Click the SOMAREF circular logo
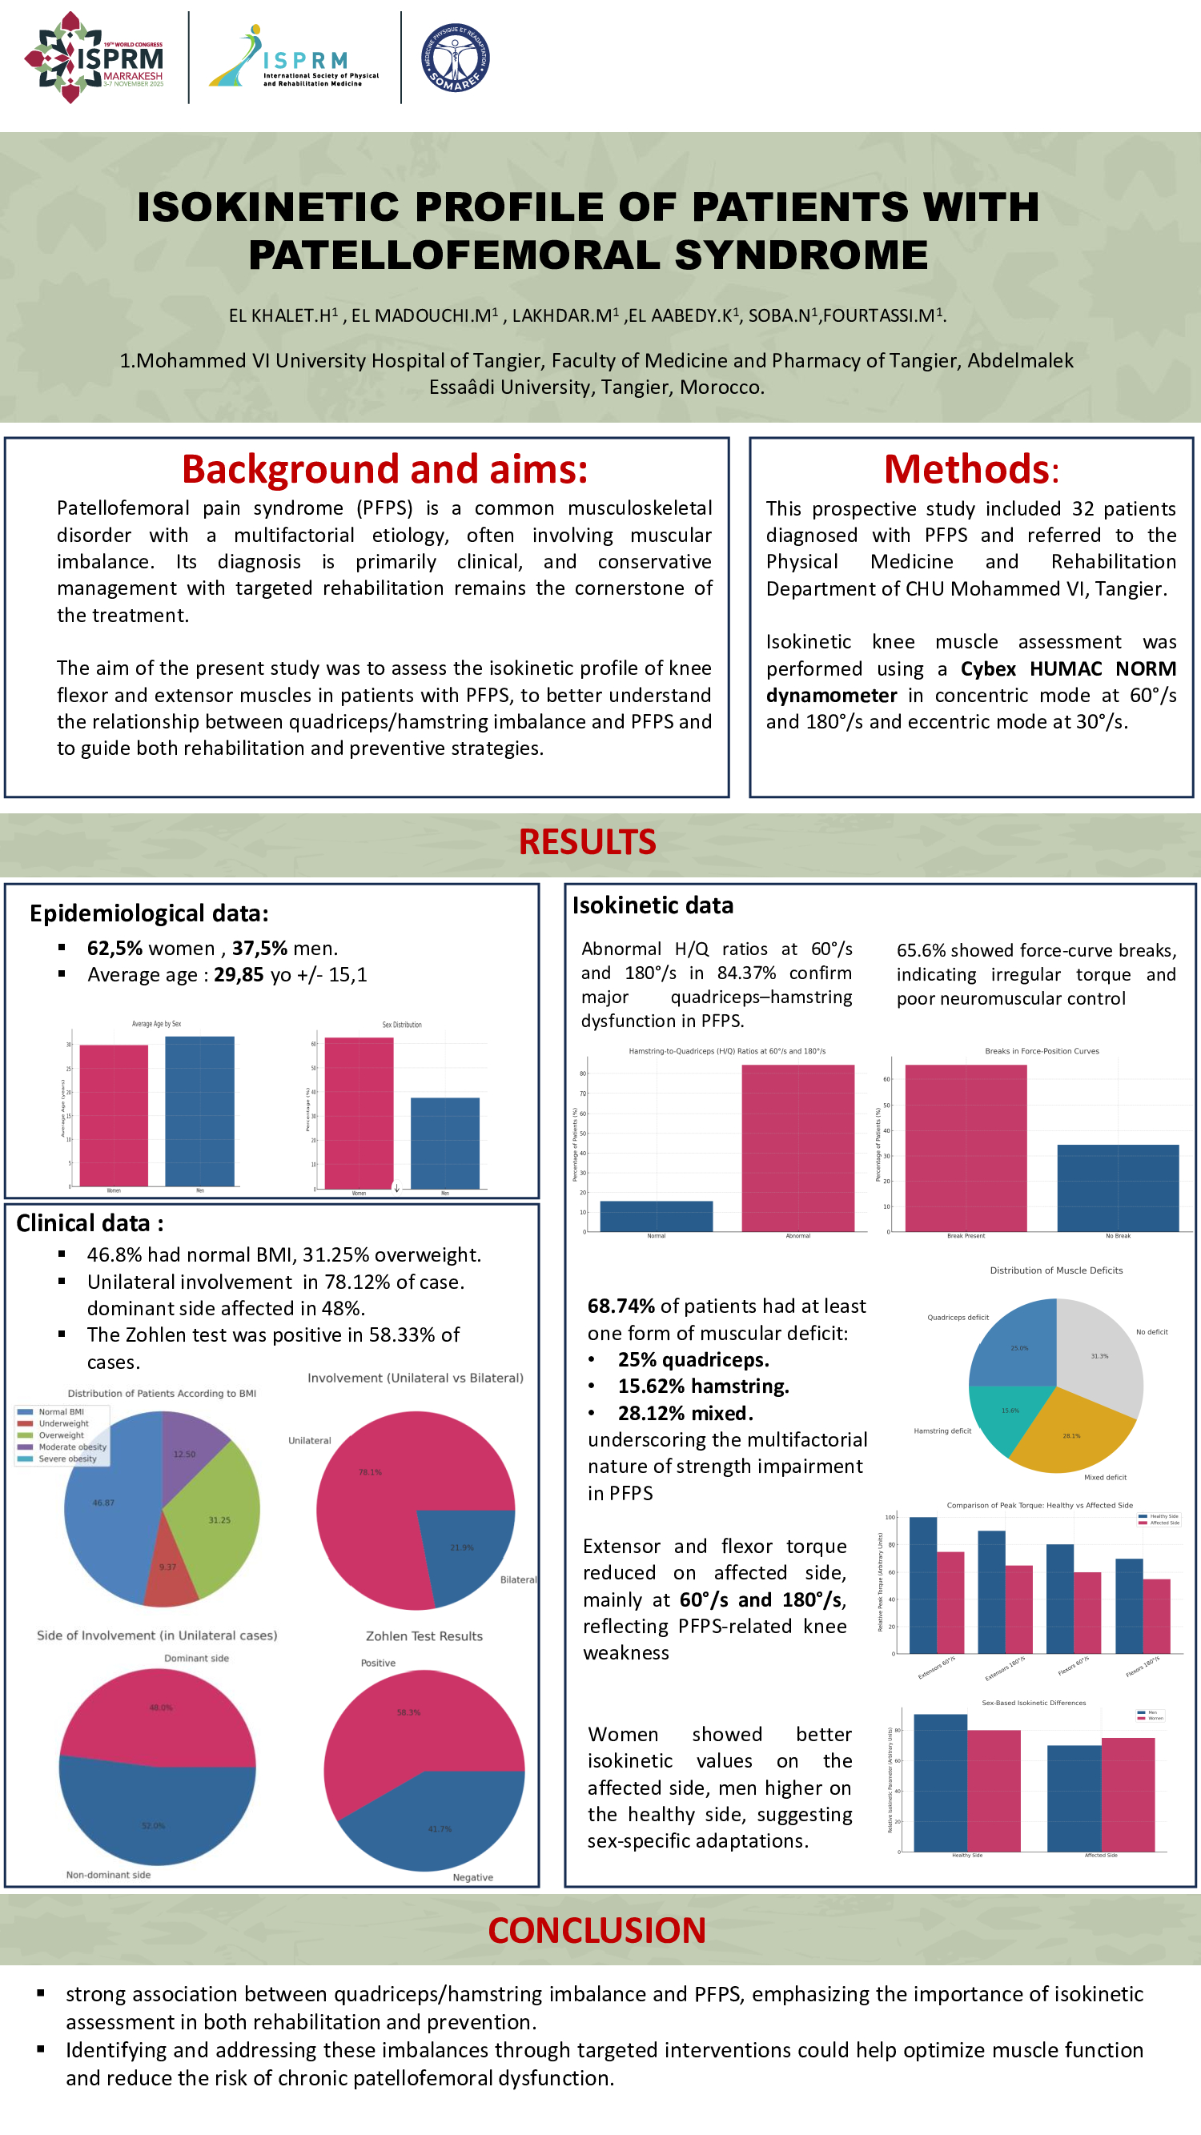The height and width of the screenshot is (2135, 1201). pyautogui.click(x=455, y=57)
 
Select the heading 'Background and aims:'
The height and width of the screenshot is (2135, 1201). pyautogui.click(x=384, y=469)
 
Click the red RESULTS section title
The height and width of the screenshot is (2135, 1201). pyautogui.click(x=587, y=842)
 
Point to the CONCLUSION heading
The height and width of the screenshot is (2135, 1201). pyautogui.click(x=596, y=1930)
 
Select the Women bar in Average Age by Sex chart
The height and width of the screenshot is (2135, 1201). pyautogui.click(x=114, y=1115)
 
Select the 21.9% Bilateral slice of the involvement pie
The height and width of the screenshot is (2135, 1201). pyautogui.click(x=462, y=1550)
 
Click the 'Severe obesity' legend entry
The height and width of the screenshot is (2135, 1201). pyautogui.click(x=67, y=1459)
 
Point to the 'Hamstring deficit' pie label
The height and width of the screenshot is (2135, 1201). pyautogui.click(x=942, y=1431)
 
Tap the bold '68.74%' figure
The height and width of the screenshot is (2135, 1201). pyautogui.click(x=621, y=1306)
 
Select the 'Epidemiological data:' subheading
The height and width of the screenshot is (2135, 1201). pyautogui.click(x=149, y=913)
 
